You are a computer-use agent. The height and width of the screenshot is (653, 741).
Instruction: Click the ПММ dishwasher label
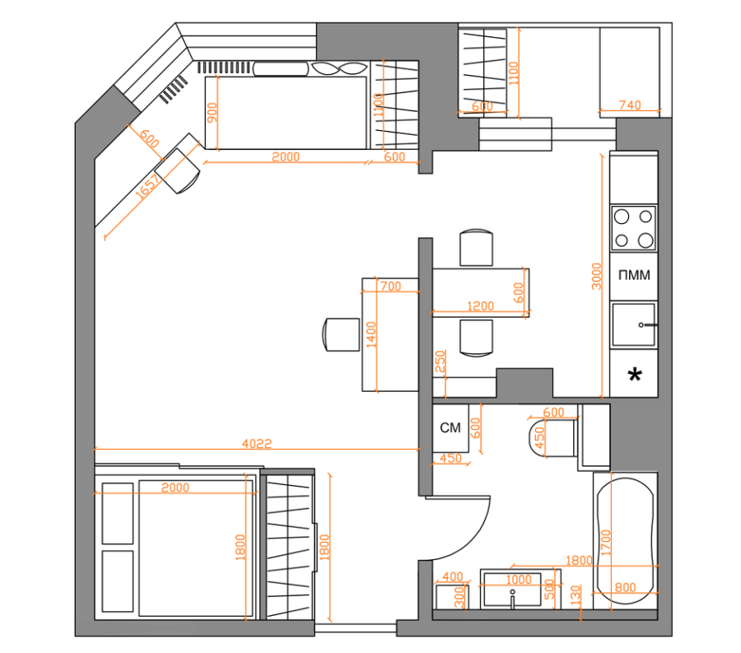(x=634, y=275)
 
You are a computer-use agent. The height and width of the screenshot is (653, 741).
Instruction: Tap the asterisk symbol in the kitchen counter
(x=635, y=375)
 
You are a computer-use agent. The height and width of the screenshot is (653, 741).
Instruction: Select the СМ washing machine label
(x=450, y=427)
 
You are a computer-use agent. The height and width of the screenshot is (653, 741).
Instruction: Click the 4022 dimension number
(x=257, y=443)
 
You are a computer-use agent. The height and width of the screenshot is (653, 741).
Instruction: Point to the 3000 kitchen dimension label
(x=596, y=276)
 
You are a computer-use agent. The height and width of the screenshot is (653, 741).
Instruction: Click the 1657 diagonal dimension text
(x=148, y=186)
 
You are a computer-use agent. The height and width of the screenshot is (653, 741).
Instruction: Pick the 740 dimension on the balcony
(x=630, y=105)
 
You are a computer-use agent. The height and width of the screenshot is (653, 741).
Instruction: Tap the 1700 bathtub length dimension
(x=606, y=543)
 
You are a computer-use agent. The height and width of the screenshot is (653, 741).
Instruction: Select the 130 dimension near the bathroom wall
(x=576, y=595)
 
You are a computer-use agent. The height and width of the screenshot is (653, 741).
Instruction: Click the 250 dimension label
(x=440, y=361)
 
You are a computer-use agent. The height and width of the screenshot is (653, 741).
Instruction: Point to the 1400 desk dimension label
(x=371, y=334)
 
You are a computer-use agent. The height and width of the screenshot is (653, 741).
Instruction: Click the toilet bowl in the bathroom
(x=552, y=438)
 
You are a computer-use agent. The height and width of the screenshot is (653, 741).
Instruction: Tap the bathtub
(x=626, y=540)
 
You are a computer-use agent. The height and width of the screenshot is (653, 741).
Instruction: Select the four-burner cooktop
(x=633, y=228)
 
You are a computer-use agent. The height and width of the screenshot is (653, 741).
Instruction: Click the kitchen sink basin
(x=634, y=324)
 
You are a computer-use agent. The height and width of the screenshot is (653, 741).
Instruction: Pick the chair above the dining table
(x=477, y=248)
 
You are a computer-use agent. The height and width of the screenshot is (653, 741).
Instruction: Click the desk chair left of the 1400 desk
(x=341, y=334)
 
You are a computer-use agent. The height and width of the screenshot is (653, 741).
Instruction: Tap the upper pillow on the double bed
(x=118, y=513)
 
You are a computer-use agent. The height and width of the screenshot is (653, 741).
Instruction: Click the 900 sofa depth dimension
(x=212, y=113)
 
